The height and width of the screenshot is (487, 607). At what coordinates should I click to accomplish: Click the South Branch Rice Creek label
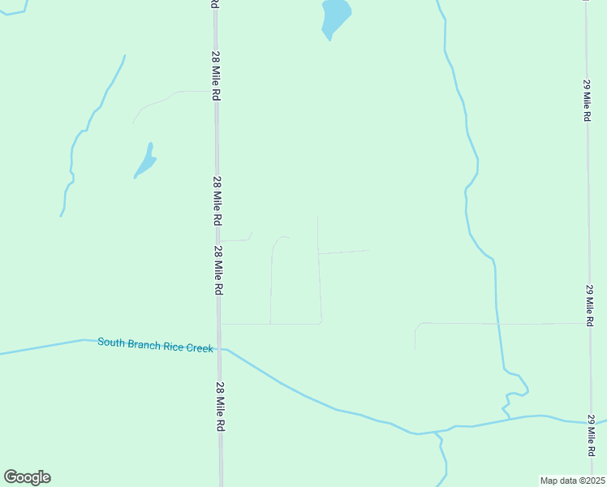[155, 345]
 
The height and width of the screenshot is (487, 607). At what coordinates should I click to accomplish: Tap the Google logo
[27, 477]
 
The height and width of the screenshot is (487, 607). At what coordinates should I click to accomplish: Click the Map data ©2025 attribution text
[572, 480]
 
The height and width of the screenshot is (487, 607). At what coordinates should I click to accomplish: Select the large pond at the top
[335, 16]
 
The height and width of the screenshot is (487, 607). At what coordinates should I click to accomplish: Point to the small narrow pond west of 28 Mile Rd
[145, 162]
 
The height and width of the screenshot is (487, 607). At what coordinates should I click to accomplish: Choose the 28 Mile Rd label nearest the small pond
[217, 201]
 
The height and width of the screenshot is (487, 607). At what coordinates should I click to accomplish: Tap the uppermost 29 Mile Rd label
[587, 100]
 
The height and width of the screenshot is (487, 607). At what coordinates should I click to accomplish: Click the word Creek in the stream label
[197, 347]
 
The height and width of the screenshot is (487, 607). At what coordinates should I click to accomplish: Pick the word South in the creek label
[112, 343]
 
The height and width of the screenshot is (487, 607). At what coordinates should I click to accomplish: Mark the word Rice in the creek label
[174, 346]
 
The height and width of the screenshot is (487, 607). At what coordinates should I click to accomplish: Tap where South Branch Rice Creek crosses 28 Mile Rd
[219, 349]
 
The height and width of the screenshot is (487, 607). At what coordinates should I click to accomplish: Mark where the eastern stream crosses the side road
[497, 323]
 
